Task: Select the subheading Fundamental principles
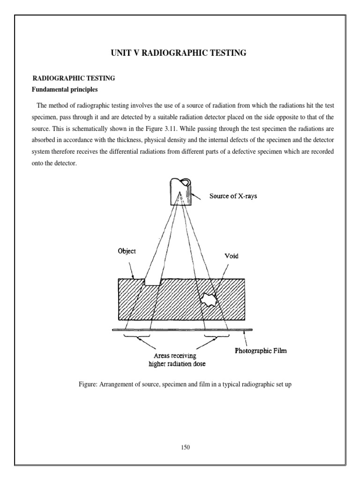click(64, 89)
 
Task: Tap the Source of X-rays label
click(232, 196)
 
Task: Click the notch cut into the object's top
click(152, 282)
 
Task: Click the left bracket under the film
click(137, 336)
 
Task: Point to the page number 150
click(185, 447)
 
